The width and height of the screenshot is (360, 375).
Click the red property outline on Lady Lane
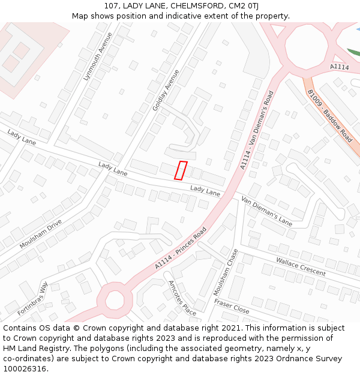[181, 170]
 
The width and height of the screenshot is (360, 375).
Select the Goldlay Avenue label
[166, 90]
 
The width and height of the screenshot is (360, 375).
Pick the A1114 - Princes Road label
[180, 248]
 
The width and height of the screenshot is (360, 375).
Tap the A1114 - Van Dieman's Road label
[257, 130]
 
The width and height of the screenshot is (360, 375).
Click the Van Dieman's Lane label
[266, 210]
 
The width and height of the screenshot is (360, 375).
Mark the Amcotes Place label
[182, 298]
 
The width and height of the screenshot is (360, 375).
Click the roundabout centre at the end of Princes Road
[113, 298]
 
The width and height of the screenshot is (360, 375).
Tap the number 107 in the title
[111, 5]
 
